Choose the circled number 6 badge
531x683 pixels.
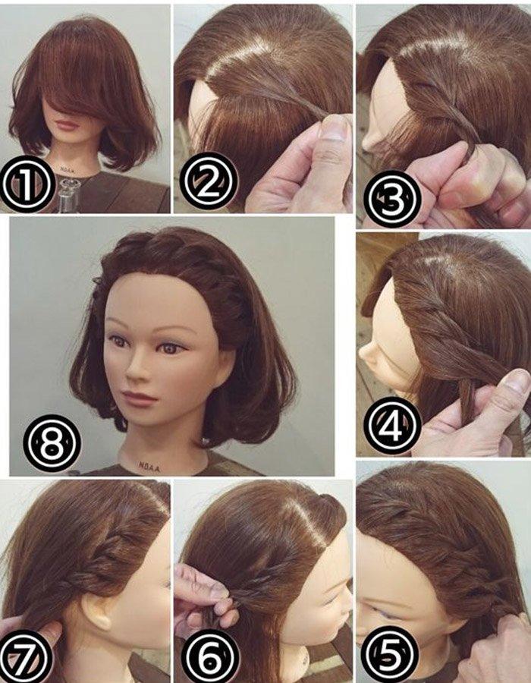click(209, 654)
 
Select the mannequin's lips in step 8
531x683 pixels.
click(138, 398)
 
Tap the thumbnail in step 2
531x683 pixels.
click(331, 127)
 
